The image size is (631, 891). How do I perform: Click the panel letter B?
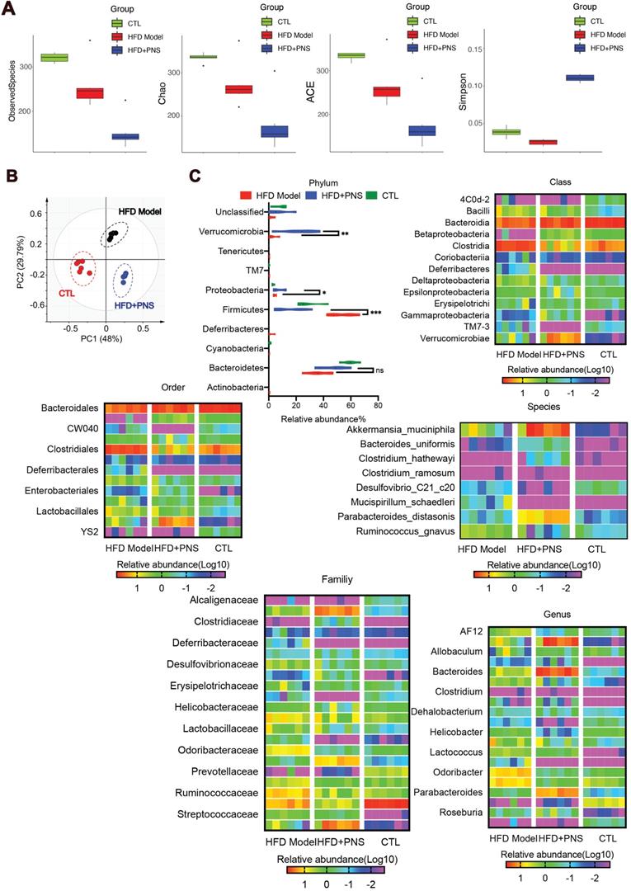coord(11,177)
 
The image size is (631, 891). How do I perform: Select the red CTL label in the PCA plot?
coord(68,291)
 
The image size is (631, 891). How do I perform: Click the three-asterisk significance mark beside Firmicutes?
coord(375,313)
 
